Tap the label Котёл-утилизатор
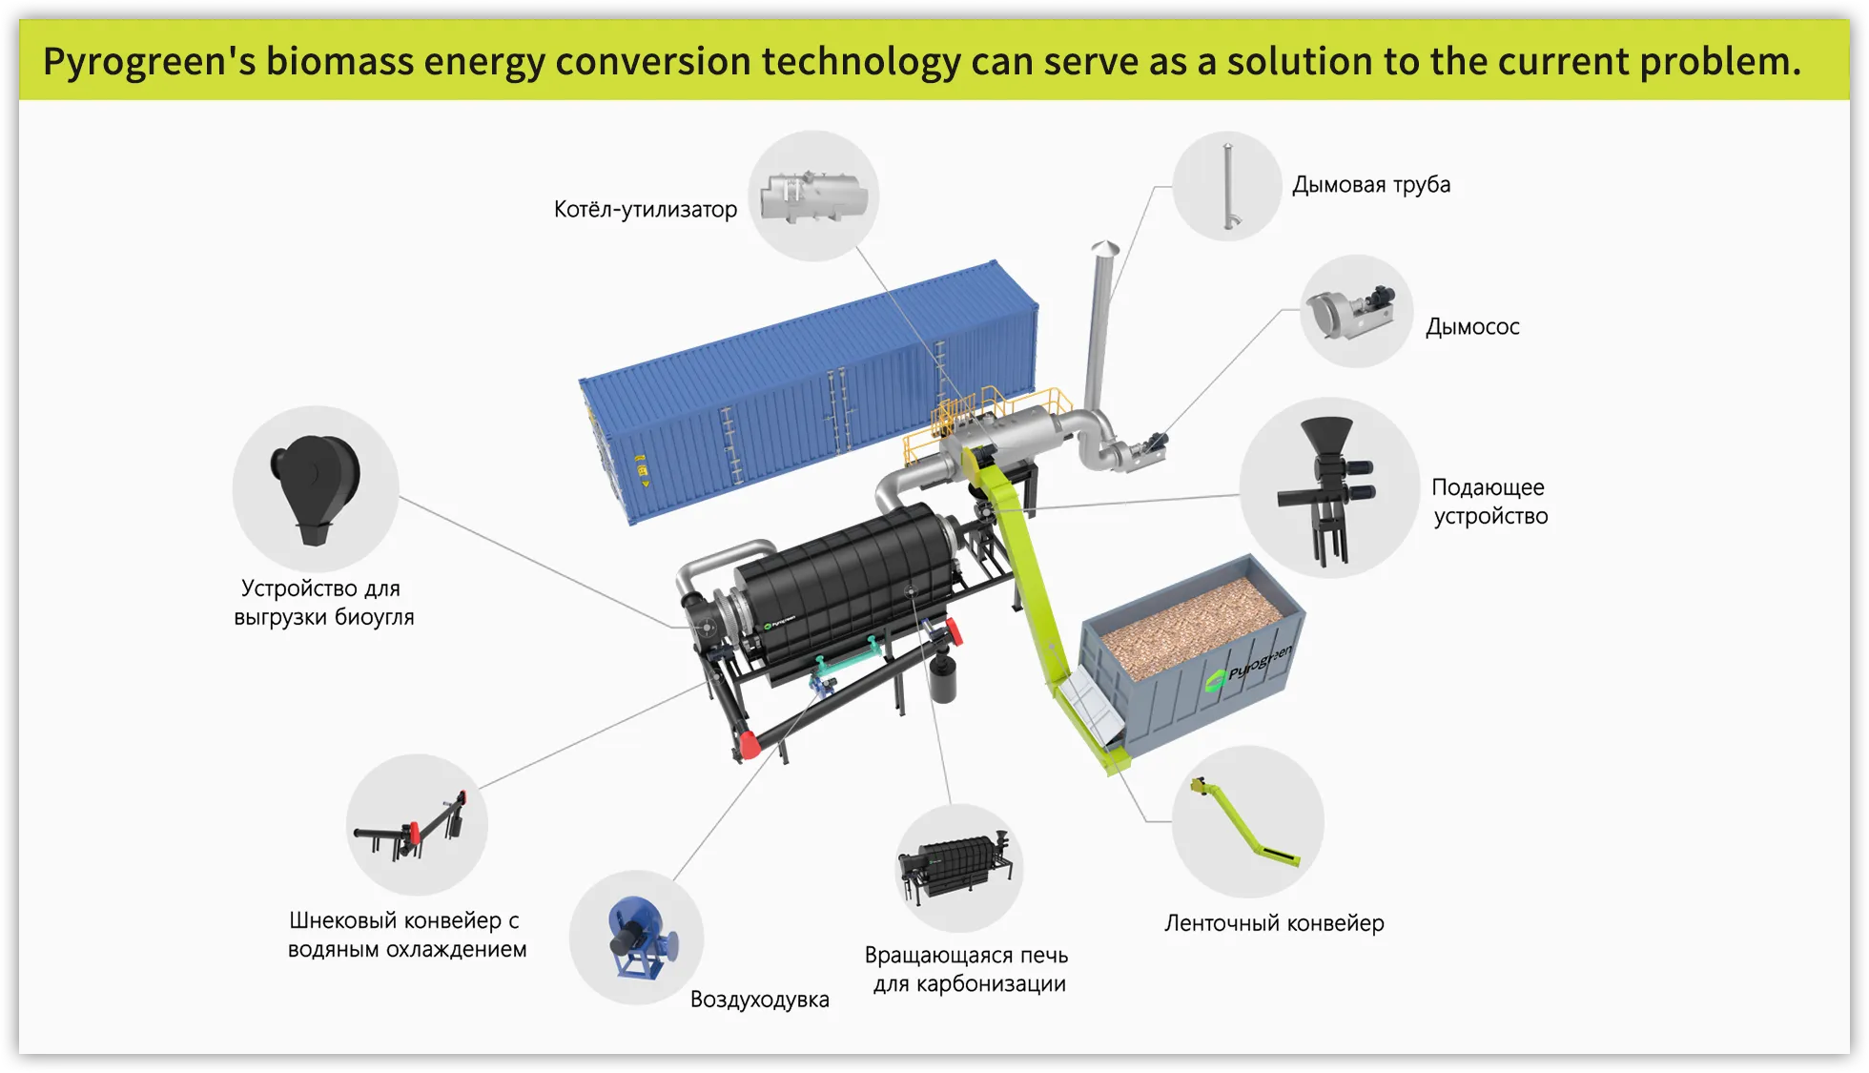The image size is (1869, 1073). click(x=646, y=209)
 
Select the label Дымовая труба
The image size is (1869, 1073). click(x=1371, y=185)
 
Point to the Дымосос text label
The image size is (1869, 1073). click(x=1472, y=327)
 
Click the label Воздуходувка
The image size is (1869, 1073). click(x=760, y=1000)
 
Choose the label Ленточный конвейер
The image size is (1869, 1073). click(x=1274, y=923)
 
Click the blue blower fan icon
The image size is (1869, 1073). click(x=642, y=939)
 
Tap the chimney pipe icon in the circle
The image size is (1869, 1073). click(x=1229, y=186)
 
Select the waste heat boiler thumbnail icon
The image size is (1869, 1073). click(x=813, y=196)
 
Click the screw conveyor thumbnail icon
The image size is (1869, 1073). click(x=411, y=827)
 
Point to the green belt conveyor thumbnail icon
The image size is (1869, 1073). click(x=1245, y=821)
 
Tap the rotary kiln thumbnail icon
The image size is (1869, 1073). click(x=956, y=866)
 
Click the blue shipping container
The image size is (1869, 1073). click(x=809, y=391)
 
